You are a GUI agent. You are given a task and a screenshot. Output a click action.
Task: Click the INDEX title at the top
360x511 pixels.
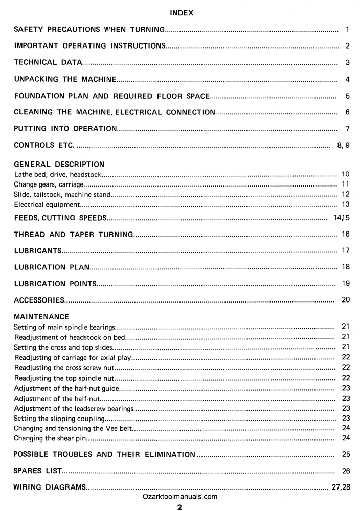pyautogui.click(x=181, y=13)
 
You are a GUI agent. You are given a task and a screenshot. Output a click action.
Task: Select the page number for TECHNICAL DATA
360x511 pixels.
pyautogui.click(x=347, y=63)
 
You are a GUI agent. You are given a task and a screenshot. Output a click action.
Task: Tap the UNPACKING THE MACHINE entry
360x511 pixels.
pyautogui.click(x=65, y=79)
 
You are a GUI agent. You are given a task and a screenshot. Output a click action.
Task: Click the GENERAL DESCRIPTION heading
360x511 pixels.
pyautogui.click(x=59, y=165)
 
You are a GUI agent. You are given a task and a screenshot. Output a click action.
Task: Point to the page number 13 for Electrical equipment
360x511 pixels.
pyautogui.click(x=345, y=204)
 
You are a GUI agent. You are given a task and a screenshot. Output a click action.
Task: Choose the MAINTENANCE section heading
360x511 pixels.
pyautogui.click(x=41, y=317)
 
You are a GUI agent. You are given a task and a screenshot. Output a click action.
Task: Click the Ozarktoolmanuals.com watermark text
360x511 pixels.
pyautogui.click(x=181, y=496)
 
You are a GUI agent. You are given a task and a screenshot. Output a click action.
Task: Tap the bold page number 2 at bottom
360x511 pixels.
pyautogui.click(x=179, y=507)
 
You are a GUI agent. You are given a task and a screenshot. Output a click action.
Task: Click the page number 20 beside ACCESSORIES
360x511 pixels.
pyautogui.click(x=345, y=299)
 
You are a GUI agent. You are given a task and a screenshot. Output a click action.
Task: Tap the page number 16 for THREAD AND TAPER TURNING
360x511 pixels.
pyautogui.click(x=345, y=234)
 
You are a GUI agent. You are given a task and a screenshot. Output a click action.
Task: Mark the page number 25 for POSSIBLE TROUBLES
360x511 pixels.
pyautogui.click(x=345, y=454)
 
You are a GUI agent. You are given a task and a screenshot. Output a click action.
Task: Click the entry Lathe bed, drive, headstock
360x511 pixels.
pyautogui.click(x=58, y=175)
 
